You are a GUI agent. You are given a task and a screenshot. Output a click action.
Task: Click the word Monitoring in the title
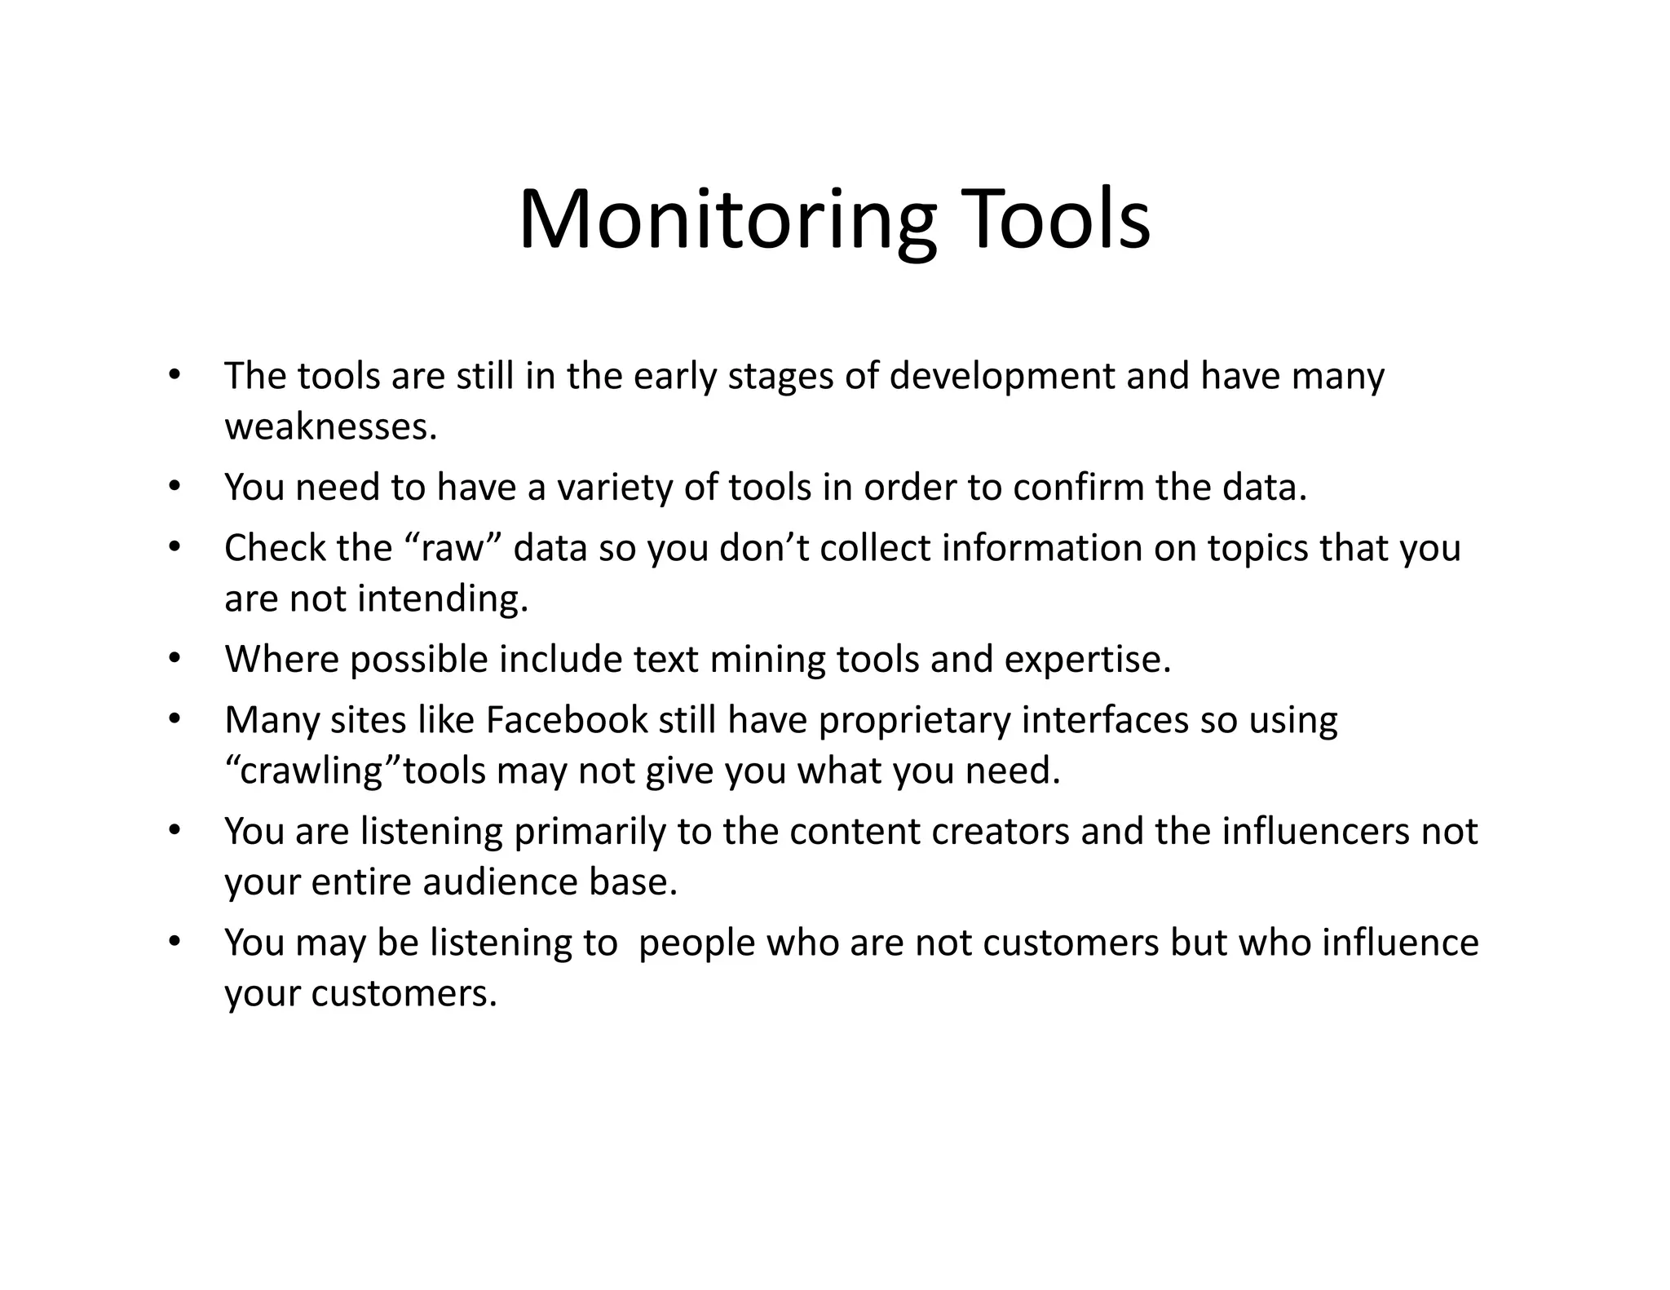click(726, 220)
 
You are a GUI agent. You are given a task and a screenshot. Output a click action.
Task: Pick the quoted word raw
click(453, 548)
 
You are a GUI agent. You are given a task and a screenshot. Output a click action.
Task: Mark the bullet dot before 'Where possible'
click(174, 658)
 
